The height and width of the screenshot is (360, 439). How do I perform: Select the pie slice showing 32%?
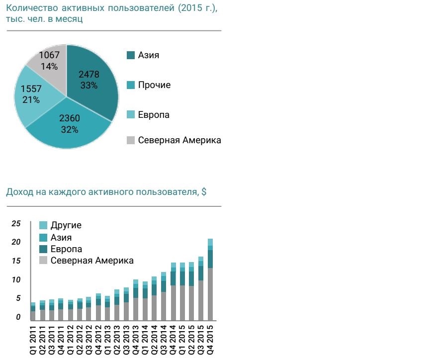[69, 124]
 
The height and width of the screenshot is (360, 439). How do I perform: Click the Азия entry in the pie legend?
[148, 55]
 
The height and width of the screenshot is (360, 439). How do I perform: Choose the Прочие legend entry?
[154, 85]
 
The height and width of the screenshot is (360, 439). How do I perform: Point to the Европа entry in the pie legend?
[154, 115]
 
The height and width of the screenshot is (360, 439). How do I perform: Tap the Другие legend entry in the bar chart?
[66, 225]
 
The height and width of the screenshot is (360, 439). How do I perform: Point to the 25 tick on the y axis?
[16, 224]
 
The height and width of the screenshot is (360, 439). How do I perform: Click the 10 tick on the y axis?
[16, 280]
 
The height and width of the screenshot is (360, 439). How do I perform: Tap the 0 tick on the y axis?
[17, 317]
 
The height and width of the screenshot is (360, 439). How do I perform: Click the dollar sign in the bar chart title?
[204, 192]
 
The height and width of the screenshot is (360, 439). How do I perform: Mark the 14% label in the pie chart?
[49, 66]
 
